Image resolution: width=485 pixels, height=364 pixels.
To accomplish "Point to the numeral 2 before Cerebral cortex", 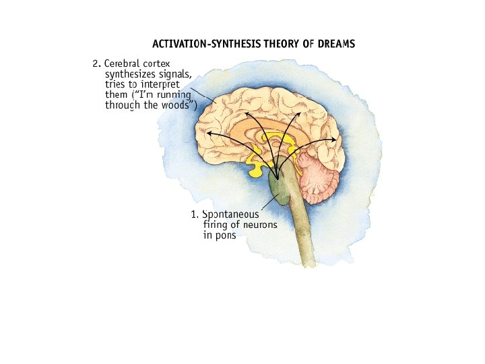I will (x=96, y=64).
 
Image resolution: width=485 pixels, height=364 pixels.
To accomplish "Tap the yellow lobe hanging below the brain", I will (x=257, y=169).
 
